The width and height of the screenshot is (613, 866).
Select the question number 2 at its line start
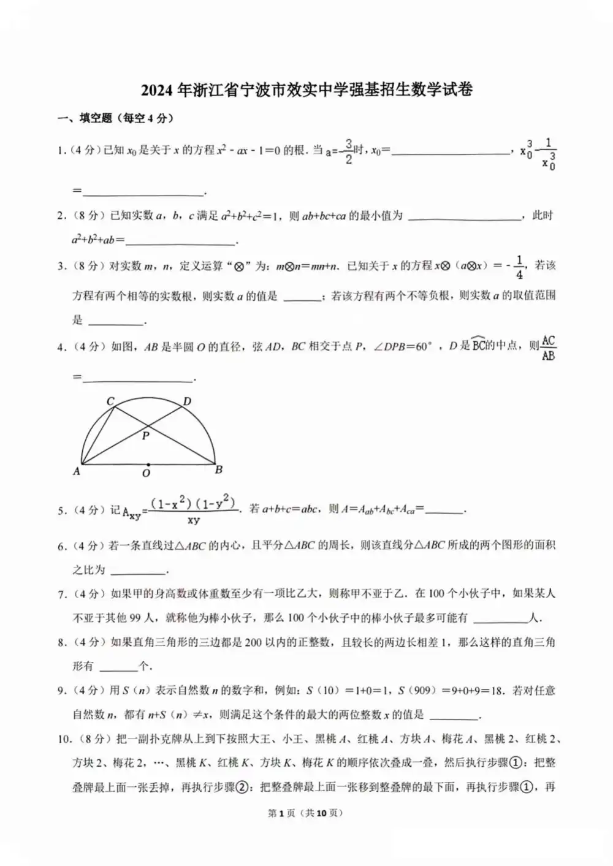61,216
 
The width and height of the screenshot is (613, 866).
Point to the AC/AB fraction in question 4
548,348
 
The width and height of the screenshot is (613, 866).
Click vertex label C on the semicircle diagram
110,401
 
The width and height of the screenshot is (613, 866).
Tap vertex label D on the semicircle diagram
187,401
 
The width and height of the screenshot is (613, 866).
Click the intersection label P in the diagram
145,436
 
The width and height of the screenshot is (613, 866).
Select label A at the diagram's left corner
77,471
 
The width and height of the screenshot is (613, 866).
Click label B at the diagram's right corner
219,470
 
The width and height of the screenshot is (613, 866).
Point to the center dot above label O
148,465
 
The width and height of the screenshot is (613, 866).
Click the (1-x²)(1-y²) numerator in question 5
193,504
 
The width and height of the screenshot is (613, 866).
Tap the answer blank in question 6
139,570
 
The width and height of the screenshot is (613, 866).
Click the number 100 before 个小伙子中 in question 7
436,593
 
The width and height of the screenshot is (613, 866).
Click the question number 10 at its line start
64,739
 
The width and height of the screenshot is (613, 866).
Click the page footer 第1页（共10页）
305,813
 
